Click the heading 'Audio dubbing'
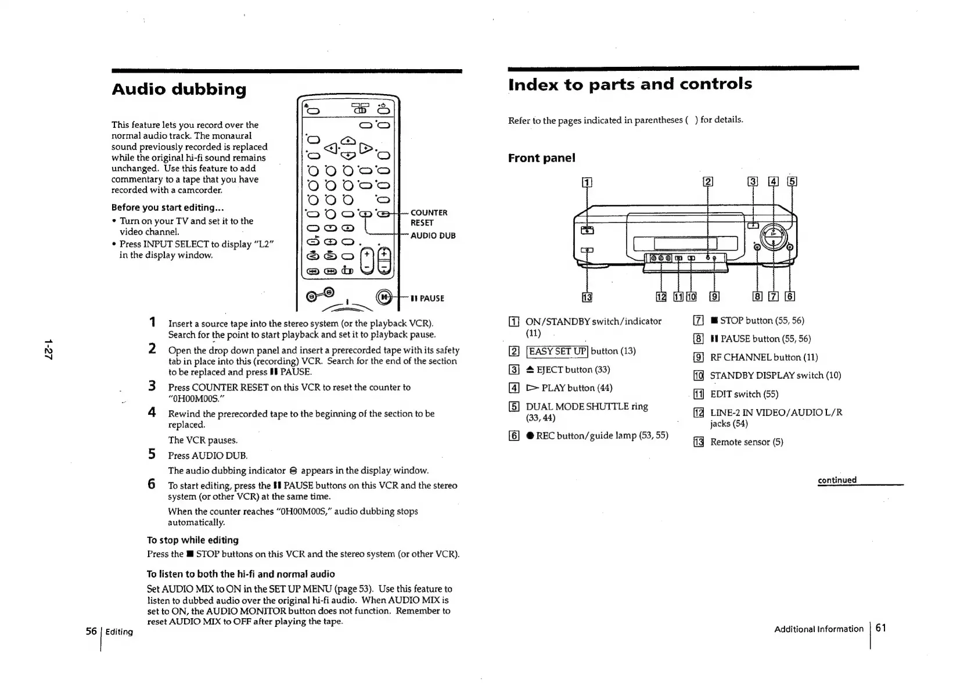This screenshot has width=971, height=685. coord(179,89)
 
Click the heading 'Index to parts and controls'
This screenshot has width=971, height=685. coord(630,84)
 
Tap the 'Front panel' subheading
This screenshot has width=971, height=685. coord(541,158)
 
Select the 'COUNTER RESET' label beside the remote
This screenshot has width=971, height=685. coord(429,218)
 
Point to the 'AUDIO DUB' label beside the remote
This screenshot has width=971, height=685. coord(433,235)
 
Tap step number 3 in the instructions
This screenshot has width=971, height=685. coord(152,386)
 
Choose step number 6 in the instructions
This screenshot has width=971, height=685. coord(152,484)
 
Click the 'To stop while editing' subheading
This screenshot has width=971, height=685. coord(193,540)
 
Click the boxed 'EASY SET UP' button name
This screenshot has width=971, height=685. coord(557,351)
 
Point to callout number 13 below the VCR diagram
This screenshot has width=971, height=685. coord(587,297)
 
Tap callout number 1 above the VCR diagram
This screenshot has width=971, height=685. coord(587,182)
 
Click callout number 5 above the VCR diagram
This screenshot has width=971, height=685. coord(791,181)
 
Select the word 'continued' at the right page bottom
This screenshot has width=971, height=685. coord(837,480)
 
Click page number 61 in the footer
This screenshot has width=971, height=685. coord(881,627)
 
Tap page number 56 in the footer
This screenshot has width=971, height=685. coord(91,631)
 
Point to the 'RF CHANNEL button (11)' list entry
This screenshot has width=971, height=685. coord(763,357)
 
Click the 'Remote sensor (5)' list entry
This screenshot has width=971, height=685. coord(746,442)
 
